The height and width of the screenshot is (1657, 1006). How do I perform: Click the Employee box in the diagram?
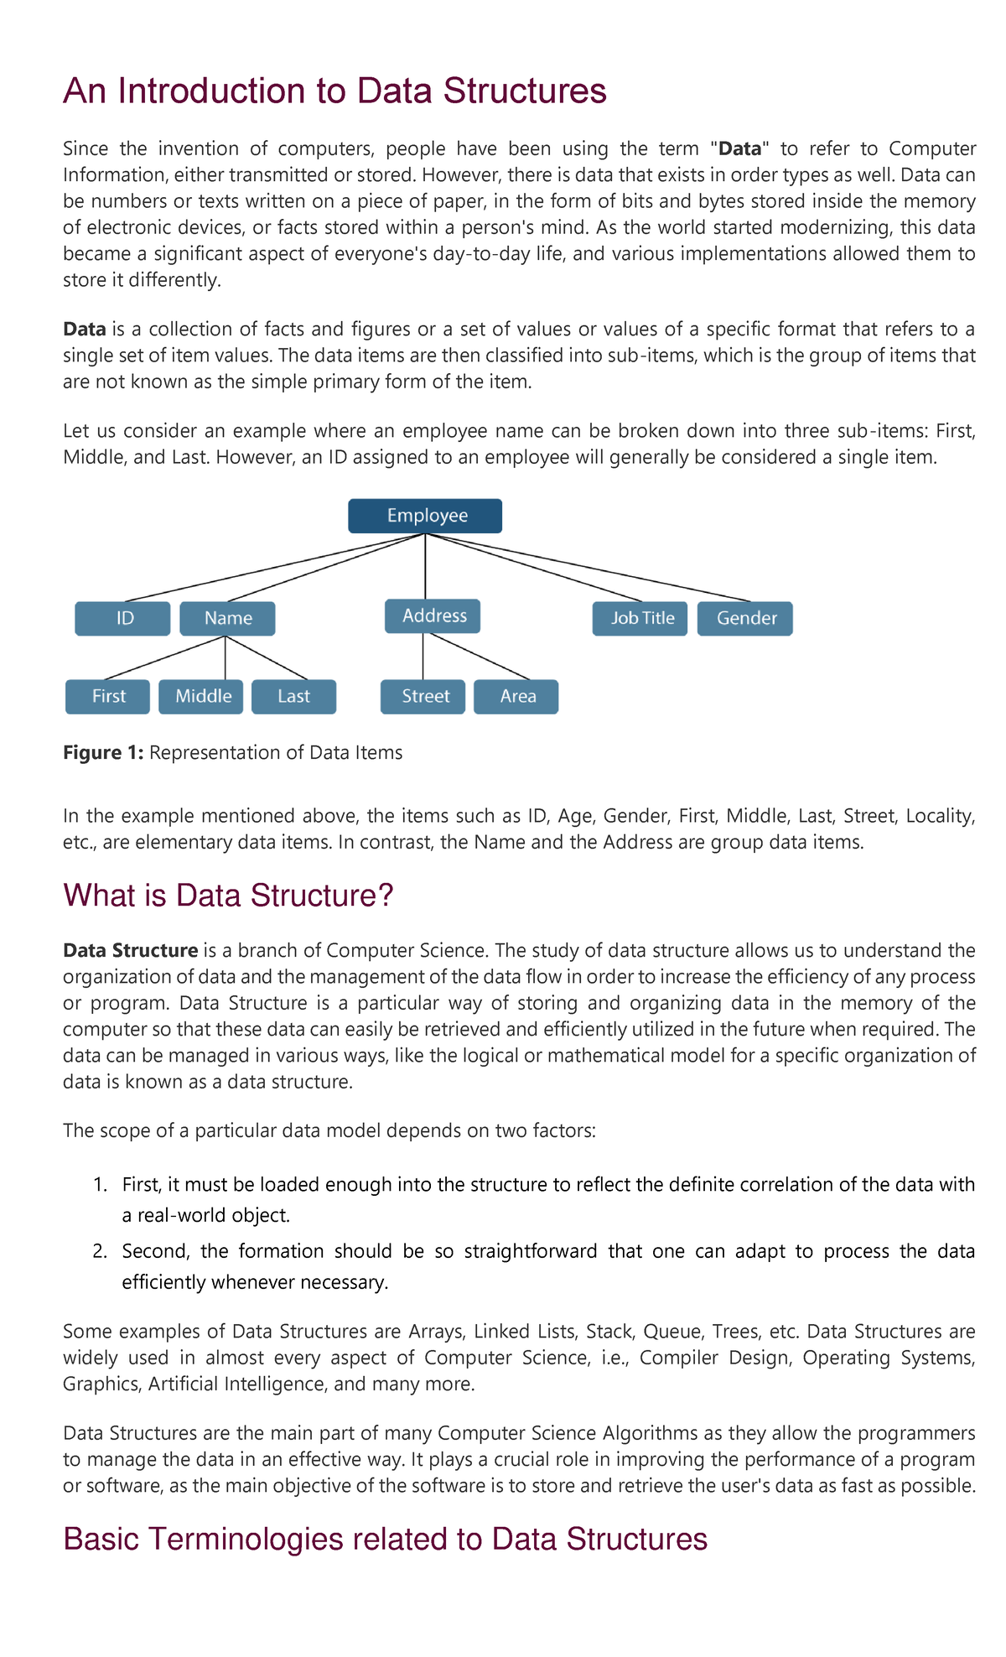[425, 516]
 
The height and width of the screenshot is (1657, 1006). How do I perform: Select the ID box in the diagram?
[122, 618]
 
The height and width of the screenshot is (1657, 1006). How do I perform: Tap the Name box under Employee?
[227, 618]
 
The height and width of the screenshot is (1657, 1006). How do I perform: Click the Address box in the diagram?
[433, 616]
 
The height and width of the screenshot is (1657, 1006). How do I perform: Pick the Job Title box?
[640, 618]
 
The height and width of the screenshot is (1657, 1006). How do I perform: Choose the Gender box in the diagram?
[744, 618]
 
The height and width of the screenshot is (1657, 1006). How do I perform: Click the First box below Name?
[107, 696]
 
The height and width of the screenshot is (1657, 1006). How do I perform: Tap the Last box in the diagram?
[293, 696]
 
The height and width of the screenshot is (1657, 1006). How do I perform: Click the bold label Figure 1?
[103, 752]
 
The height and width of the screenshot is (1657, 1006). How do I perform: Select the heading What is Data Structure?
[228, 896]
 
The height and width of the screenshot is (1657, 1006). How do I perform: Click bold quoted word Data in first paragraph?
[739, 149]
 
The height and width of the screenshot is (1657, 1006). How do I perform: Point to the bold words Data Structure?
[130, 950]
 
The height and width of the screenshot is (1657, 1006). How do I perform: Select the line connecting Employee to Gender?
[587, 569]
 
